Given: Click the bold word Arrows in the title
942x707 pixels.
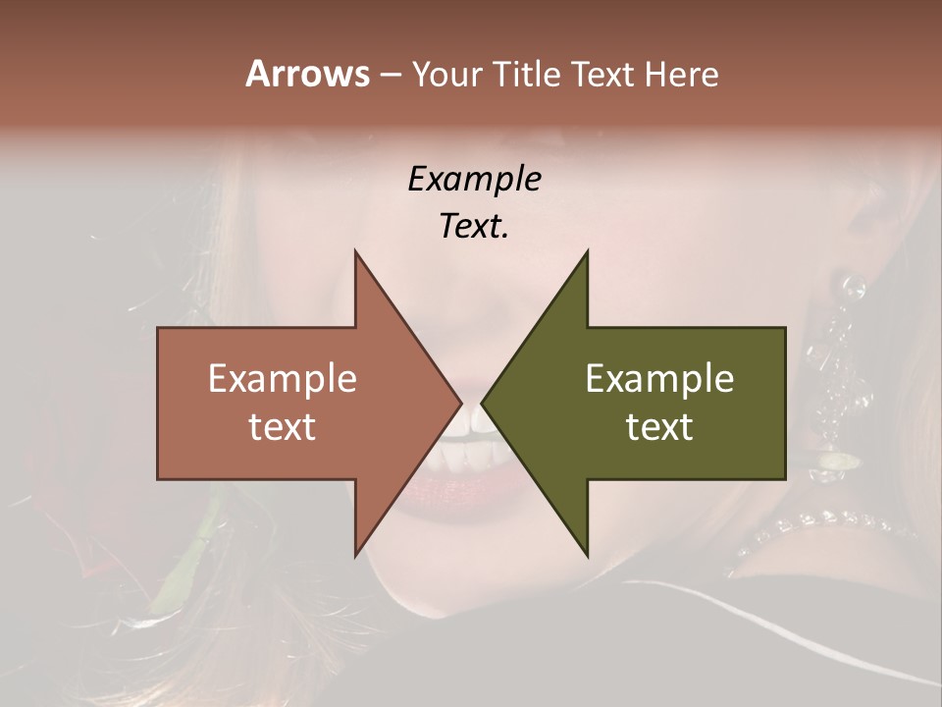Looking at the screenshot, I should [307, 74].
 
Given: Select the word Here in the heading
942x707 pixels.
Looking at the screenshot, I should [681, 74].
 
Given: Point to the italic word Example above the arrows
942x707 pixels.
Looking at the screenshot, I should [474, 179].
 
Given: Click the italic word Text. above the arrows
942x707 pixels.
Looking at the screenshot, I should [474, 227].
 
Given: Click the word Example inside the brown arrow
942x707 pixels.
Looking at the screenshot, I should [283, 379].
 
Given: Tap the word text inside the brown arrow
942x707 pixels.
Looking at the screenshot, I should [283, 426].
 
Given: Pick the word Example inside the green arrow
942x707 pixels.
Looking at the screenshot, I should [659, 379].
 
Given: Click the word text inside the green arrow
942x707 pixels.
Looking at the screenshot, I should [659, 426].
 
